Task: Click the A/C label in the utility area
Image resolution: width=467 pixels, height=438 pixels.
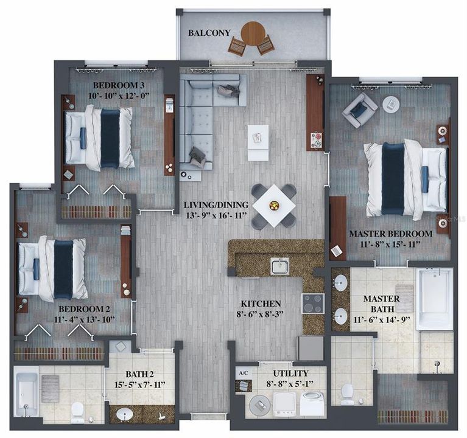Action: [x=242, y=373]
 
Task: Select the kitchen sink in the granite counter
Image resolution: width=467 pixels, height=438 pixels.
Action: [x=280, y=266]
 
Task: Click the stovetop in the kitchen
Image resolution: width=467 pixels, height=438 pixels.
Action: [x=313, y=303]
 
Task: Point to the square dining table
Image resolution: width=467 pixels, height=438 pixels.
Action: [x=274, y=205]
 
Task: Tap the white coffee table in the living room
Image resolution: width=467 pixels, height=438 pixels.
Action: [x=258, y=142]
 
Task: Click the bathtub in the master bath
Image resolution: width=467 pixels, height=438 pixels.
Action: [x=434, y=298]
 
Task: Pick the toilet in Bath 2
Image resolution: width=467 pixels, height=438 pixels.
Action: [x=77, y=412]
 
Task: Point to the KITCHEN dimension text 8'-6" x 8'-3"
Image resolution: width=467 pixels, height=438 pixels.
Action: [x=261, y=315]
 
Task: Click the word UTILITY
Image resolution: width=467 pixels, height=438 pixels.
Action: [x=290, y=373]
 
